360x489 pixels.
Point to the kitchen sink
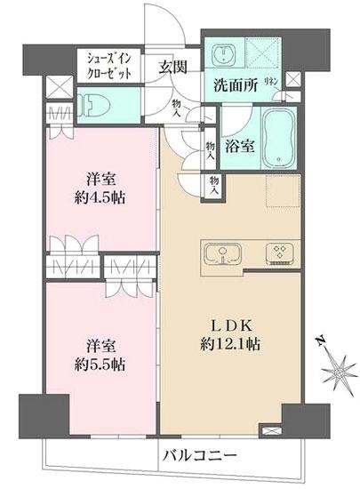pos(221,254)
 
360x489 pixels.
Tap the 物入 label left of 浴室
pos(210,148)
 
